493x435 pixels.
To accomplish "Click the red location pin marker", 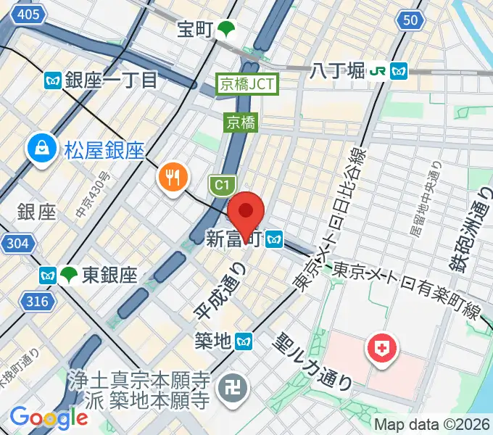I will [x=246, y=211].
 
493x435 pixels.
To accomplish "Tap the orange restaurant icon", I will [x=172, y=176].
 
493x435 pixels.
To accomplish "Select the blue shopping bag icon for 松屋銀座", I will [x=41, y=149].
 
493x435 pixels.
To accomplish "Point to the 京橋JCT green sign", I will [x=247, y=84].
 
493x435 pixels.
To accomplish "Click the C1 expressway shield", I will [x=220, y=186].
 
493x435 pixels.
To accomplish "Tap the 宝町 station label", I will [x=196, y=30].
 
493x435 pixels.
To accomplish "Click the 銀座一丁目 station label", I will [x=111, y=79].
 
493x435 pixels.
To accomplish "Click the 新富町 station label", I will [x=233, y=239].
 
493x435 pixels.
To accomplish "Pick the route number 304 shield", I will [x=15, y=244].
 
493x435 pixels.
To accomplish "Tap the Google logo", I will [x=49, y=418].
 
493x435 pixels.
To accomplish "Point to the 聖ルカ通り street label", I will [x=313, y=360].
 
